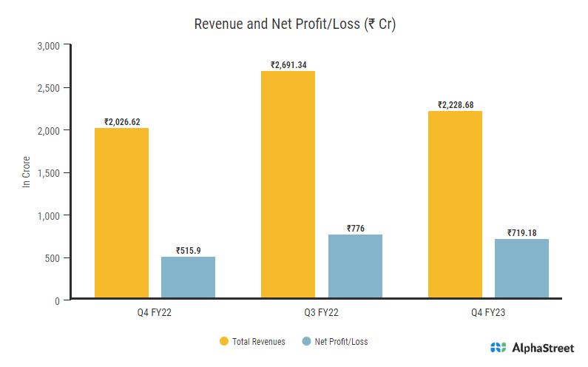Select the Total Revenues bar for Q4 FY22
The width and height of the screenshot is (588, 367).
click(121, 215)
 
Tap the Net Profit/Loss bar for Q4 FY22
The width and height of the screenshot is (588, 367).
click(188, 279)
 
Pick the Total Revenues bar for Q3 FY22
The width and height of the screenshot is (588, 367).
click(288, 186)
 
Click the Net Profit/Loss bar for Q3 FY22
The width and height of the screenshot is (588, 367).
click(355, 268)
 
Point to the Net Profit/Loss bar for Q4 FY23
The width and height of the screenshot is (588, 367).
click(521, 270)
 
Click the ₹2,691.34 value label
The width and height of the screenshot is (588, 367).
click(288, 65)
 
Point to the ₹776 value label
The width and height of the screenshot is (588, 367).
click(355, 229)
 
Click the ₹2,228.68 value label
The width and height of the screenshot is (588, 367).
click(455, 105)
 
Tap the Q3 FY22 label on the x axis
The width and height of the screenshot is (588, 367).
click(321, 314)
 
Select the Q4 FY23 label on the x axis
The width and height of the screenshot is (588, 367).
click(488, 314)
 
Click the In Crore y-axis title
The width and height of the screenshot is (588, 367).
click(27, 173)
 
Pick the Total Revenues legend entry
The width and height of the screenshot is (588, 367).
click(252, 342)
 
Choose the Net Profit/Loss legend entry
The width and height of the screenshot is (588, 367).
click(335, 342)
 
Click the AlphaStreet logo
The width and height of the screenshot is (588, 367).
click(531, 348)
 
